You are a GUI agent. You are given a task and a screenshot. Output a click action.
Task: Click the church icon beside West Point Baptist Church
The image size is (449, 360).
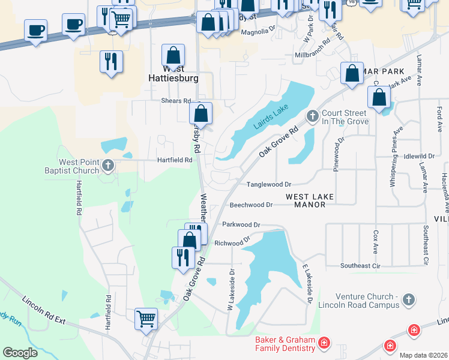pos(108,165)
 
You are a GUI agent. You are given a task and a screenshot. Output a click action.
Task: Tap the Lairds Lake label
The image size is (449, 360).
pos(271,116)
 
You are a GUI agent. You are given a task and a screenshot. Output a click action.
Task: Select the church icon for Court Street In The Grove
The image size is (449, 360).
pos(312,115)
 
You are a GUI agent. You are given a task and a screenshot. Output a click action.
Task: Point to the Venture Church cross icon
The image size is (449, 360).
pos(408,299)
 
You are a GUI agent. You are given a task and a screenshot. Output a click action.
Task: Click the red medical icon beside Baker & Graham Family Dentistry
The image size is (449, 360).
pos(324,343)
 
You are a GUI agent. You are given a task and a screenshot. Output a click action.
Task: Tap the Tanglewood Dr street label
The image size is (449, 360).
pos(268,185)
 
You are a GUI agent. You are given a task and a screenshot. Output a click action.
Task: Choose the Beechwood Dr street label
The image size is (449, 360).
pos(251,205)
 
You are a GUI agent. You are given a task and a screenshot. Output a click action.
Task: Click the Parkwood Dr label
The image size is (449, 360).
pos(241,224)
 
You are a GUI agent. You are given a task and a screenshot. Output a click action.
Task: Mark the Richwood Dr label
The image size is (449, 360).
pos(232,242)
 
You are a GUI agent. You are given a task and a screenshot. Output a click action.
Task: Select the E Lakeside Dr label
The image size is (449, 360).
pos(307,283)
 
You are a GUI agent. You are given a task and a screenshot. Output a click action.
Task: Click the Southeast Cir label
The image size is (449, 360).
pos(360,266)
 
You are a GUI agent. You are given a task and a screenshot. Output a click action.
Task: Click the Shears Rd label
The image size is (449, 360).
pos(175,101)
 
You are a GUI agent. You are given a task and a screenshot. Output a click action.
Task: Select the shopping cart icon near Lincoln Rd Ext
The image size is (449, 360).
pos(146,319)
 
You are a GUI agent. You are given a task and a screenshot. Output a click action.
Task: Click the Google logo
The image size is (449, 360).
pos(20,353)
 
